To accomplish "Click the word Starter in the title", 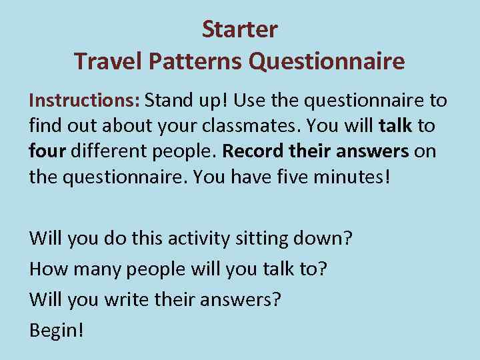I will click(239, 29).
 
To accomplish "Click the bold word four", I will click(46, 151).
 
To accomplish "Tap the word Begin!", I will click(57, 330).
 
